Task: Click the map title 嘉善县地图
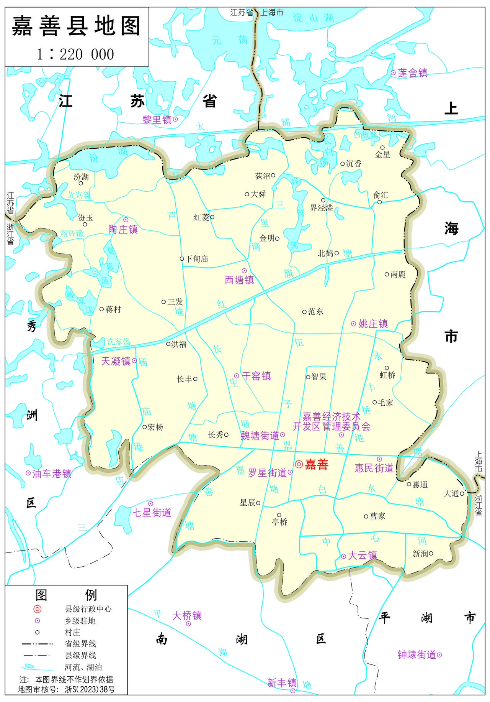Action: [x=77, y=26]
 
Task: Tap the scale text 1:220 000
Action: [x=75, y=54]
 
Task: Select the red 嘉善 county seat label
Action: [x=317, y=464]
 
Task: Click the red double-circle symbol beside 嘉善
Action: [x=299, y=464]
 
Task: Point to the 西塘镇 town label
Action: [x=239, y=280]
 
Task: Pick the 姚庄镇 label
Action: [x=373, y=324]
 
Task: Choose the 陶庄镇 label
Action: [x=123, y=229]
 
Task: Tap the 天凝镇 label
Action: [x=116, y=361]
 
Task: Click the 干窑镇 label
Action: [x=256, y=376]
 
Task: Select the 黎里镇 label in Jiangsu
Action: [x=157, y=120]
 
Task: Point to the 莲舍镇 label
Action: [x=413, y=73]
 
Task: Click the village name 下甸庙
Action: [x=197, y=259]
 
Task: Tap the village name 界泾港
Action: [x=322, y=208]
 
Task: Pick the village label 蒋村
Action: [x=113, y=309]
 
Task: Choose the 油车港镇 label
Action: [x=52, y=474]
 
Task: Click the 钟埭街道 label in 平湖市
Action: [x=417, y=655]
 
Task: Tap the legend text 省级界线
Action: [x=80, y=644]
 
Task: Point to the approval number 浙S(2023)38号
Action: [x=90, y=689]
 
